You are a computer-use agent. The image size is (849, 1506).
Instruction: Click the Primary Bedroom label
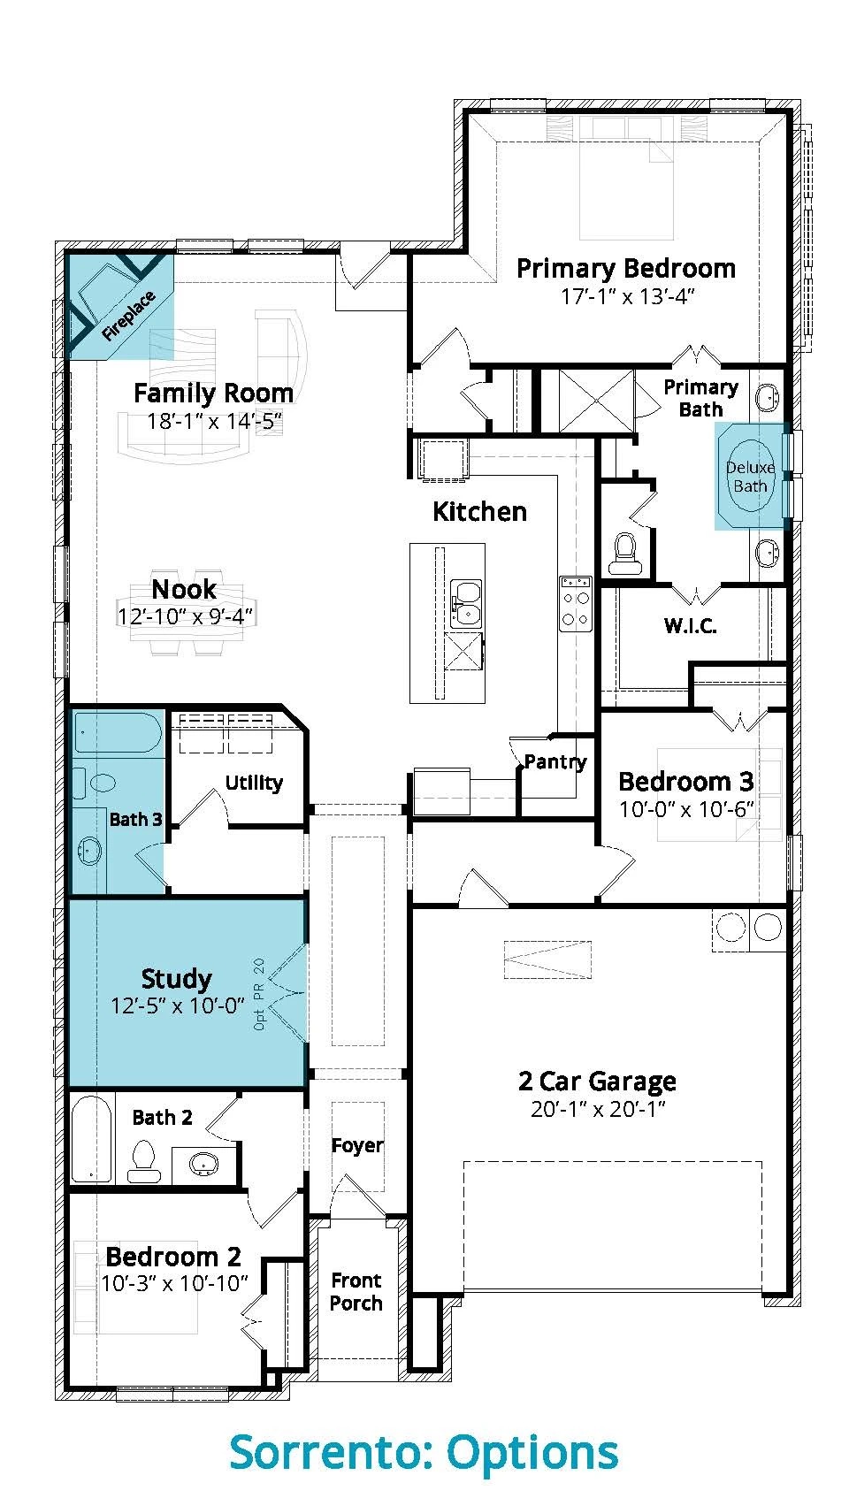click(x=626, y=269)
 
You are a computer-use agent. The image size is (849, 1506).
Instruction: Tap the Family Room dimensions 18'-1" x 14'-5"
click(x=214, y=422)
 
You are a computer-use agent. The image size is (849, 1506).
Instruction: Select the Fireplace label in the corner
click(x=128, y=316)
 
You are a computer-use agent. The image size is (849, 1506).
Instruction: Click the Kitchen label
click(x=479, y=512)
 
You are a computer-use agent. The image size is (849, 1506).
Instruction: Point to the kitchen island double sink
click(x=466, y=604)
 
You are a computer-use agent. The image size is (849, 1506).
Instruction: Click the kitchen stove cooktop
click(x=576, y=603)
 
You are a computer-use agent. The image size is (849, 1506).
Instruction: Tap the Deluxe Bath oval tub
click(x=750, y=476)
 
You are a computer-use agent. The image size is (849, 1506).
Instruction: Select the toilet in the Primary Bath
click(x=623, y=554)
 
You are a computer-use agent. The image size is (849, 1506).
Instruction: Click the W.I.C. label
click(x=691, y=626)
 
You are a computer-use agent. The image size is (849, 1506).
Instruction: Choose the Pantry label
click(x=555, y=761)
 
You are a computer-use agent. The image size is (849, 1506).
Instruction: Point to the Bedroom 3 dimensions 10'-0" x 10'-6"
click(x=686, y=809)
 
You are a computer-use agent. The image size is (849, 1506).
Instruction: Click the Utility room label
click(x=254, y=784)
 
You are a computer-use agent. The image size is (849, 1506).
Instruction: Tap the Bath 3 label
click(x=136, y=820)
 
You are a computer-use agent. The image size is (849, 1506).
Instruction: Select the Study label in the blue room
click(x=176, y=979)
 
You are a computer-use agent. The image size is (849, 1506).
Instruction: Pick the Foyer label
click(x=357, y=1145)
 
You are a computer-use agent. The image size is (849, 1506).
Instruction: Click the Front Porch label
click(x=356, y=1291)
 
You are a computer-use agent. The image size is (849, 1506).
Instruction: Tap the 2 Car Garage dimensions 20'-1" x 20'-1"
click(x=598, y=1109)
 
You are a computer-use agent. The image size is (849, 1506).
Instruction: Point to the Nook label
click(x=184, y=589)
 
